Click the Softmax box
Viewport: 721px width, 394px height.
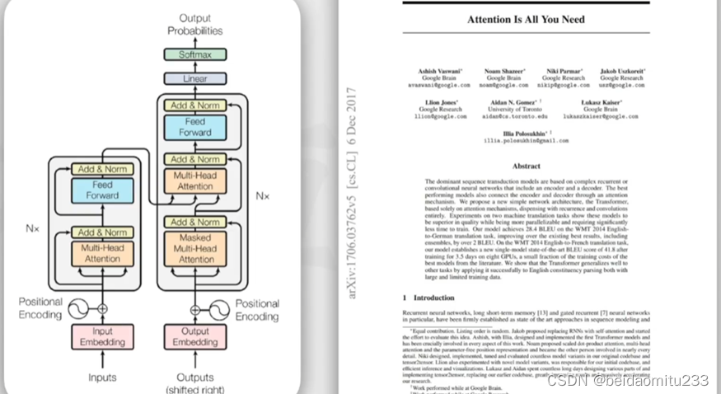point(195,54)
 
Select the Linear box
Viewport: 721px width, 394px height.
point(195,78)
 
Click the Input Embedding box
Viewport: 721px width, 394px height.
point(103,336)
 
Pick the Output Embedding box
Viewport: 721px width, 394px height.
point(195,336)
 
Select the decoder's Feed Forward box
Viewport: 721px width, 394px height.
point(195,126)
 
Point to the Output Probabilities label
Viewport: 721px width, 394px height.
point(195,24)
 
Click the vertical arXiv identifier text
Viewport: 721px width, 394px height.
point(352,193)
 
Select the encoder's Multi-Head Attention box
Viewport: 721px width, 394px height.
point(103,252)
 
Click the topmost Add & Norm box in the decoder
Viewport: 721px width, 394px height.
point(195,105)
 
